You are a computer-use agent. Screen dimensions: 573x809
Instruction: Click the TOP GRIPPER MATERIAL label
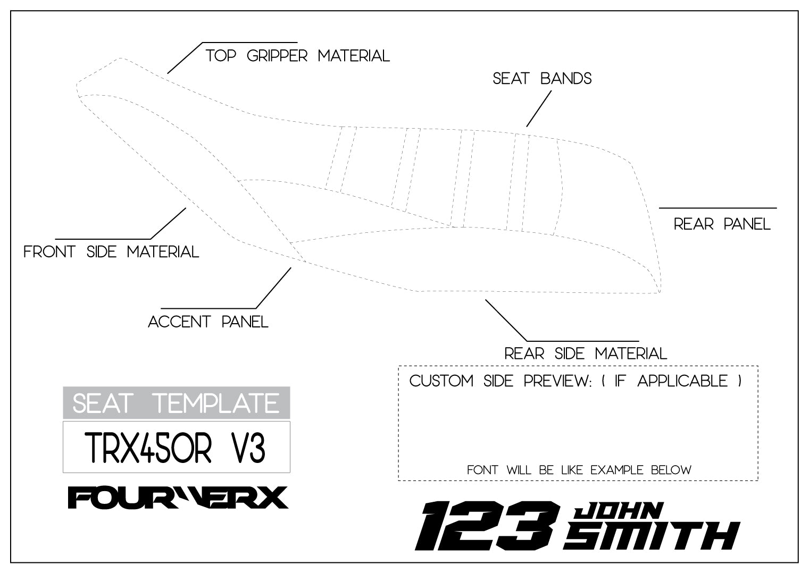[x=298, y=55]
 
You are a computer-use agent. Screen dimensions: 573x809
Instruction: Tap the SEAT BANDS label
[x=542, y=79]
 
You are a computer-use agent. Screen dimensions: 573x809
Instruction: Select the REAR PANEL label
[x=722, y=224]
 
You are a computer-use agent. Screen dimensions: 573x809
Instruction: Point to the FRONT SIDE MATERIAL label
[x=111, y=251]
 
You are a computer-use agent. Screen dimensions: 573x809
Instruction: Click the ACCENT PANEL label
[x=208, y=322]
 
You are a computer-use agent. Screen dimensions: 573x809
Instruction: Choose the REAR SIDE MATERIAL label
[x=585, y=353]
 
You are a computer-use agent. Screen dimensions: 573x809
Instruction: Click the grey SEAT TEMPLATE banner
[x=176, y=403]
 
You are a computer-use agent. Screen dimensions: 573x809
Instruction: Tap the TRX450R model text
[x=148, y=448]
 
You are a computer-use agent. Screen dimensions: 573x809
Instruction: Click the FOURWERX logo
[x=178, y=498]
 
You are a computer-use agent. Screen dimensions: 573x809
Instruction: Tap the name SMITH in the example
[x=651, y=535]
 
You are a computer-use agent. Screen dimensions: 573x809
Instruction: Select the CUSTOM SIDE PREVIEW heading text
[x=500, y=381]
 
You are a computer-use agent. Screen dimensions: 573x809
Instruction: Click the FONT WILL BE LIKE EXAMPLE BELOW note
[x=579, y=470]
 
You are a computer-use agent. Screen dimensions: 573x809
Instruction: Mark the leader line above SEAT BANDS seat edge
[x=538, y=108]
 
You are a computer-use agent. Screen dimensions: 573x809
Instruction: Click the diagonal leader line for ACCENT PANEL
[x=273, y=288]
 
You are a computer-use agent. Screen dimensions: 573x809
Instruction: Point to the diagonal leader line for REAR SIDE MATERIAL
[x=506, y=321]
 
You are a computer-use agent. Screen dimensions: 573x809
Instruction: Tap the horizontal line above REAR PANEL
[x=718, y=208]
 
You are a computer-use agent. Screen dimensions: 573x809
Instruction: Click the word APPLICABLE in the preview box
[x=682, y=381]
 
